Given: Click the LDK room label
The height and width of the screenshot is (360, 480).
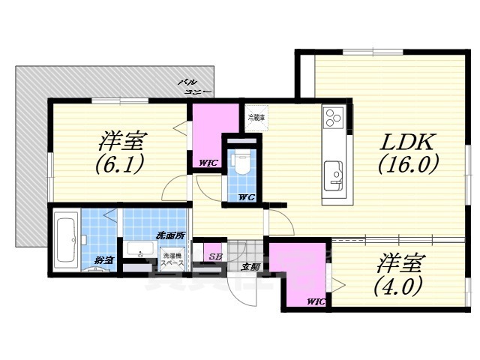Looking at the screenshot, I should (x=407, y=140).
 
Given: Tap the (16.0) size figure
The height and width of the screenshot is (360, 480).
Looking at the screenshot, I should (x=407, y=163).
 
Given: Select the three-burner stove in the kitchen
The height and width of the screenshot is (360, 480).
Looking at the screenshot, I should (x=333, y=118).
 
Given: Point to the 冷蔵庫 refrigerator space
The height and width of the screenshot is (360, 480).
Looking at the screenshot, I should (x=256, y=118).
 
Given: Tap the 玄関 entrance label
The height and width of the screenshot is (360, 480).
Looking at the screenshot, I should (x=250, y=265).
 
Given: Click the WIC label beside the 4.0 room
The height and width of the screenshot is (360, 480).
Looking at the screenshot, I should (x=316, y=301).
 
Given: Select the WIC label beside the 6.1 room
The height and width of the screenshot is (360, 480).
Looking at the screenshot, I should (x=208, y=163).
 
